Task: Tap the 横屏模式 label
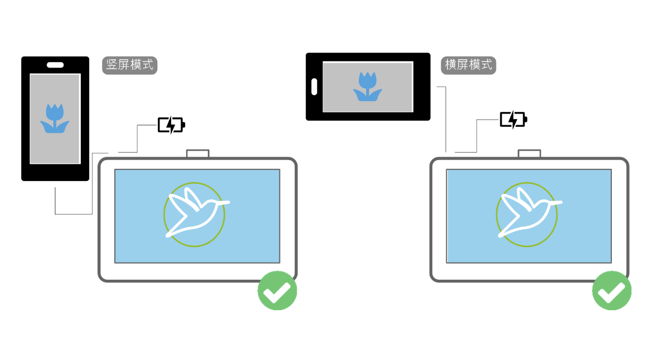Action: tap(468, 65)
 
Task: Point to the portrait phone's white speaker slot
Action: tap(55, 64)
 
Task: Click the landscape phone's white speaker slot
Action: tap(314, 86)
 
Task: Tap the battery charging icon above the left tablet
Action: tap(171, 125)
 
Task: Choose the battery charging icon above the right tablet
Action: tap(513, 119)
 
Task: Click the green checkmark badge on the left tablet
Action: tap(277, 290)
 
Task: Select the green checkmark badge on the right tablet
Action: tap(612, 290)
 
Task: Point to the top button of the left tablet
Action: tap(197, 153)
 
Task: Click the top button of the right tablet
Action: tap(529, 153)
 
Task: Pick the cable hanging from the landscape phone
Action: tap(446, 119)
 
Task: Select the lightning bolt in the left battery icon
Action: tap(171, 125)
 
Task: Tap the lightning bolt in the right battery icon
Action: tap(513, 119)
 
